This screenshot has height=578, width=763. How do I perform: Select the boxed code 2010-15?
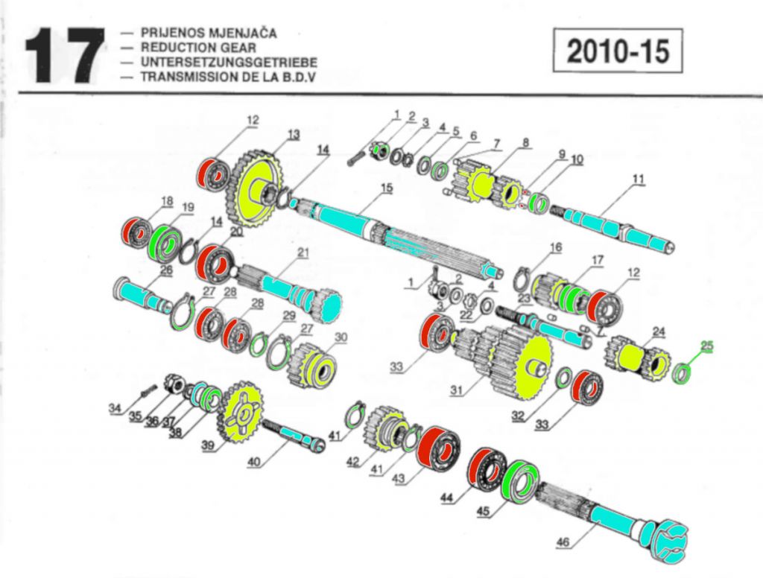pos(618,51)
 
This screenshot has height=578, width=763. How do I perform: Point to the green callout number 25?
pos(706,345)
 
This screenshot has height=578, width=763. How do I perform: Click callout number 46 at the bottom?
pos(564,542)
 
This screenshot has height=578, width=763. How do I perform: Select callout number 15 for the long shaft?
pos(385,188)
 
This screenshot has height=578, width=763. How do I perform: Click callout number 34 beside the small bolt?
pos(114,407)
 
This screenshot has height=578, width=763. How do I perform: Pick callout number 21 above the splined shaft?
pos(303,253)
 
